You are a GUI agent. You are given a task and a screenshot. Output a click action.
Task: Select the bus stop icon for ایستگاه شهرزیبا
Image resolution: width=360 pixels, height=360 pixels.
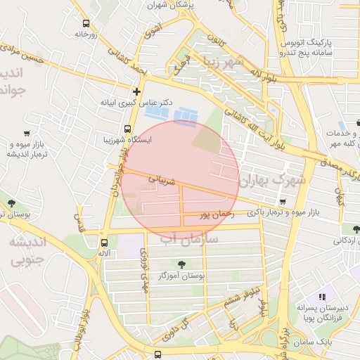point(127,129)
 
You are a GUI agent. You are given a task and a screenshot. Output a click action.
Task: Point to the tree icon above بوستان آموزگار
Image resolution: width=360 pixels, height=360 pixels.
point(182,265)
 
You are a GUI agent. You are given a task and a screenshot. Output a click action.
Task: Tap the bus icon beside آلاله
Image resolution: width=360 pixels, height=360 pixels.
point(105,241)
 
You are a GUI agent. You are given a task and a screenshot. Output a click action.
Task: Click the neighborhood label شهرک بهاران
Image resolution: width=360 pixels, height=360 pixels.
point(273,181)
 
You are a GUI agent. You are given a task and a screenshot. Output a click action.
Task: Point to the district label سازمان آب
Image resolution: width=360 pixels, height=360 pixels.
point(189,240)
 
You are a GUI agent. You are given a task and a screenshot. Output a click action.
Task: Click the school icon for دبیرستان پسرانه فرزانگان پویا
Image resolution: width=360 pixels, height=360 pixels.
point(322,297)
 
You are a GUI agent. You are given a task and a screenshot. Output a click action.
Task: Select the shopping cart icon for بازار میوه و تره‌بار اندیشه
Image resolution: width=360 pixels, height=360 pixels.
point(27,134)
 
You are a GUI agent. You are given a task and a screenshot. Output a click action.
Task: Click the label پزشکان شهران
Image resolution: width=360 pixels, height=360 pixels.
point(170,4)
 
